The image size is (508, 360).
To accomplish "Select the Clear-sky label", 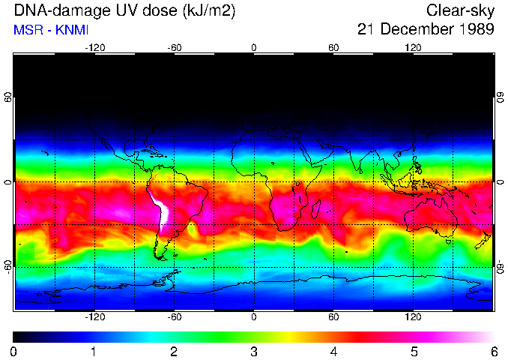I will point(460,10).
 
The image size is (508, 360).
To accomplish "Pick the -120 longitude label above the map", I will point(94,47).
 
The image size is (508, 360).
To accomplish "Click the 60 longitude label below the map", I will point(333,316).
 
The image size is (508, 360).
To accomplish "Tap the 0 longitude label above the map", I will point(254,47).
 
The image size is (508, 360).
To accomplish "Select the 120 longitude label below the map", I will point(413,316).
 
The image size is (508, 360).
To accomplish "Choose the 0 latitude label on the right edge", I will point(500,182).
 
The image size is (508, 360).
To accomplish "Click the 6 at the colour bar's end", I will point(493,351).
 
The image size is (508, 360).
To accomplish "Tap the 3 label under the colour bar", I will point(253,351).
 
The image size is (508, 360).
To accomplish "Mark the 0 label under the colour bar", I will point(14,351).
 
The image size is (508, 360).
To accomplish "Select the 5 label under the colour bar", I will point(414,351).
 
